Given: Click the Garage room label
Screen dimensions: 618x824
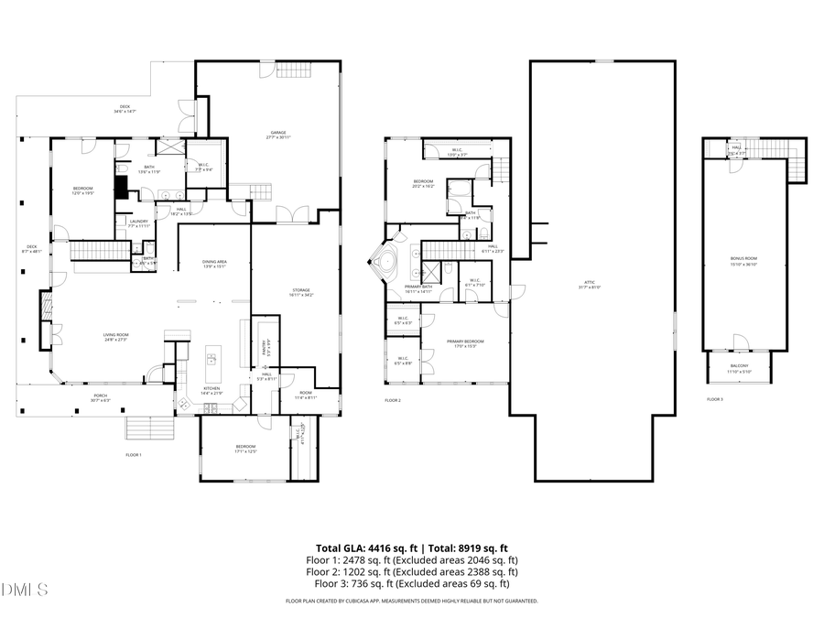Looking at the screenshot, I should (x=279, y=135).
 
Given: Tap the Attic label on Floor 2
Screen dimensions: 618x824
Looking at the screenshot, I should (x=590, y=285).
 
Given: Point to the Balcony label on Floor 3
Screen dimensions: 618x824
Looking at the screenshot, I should (x=739, y=368).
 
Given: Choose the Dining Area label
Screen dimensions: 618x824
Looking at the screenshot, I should (x=215, y=264).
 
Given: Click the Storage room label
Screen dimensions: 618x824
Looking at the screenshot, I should (x=301, y=292).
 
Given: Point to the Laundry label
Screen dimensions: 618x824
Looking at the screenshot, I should (x=138, y=222).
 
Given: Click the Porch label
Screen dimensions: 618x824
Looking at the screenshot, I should (x=99, y=398).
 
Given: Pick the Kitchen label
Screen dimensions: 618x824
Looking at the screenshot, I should (x=210, y=391).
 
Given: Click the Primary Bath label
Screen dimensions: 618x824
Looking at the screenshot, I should (x=418, y=288).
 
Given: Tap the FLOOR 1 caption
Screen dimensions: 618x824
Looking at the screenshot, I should (x=134, y=455).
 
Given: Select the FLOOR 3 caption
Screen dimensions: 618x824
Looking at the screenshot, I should (x=714, y=400).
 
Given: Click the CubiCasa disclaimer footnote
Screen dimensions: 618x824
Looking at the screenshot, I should (x=412, y=602).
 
